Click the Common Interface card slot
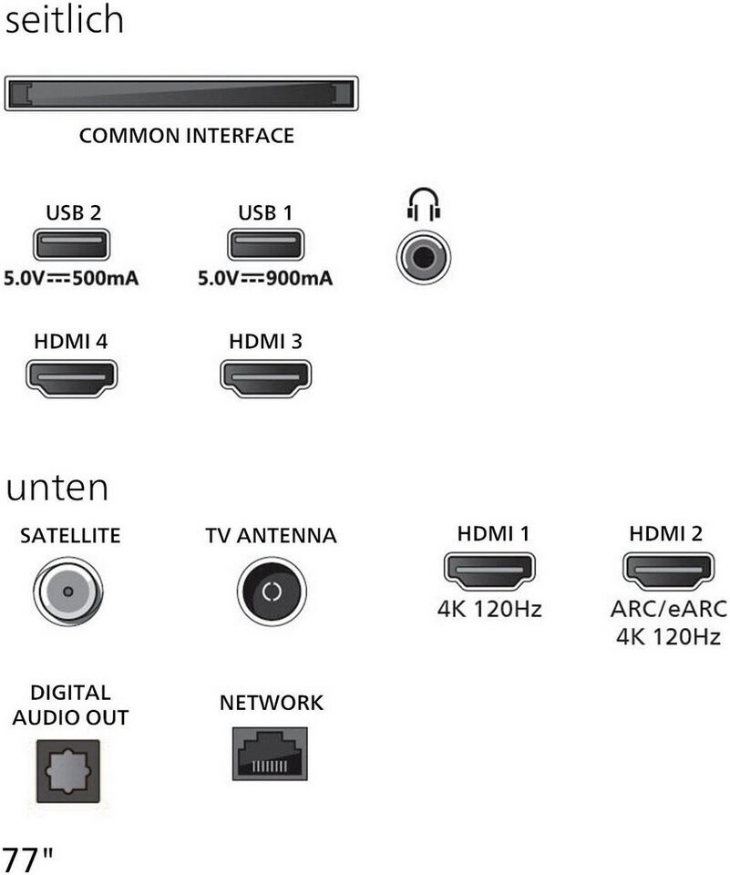[181, 94]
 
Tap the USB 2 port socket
[71, 246]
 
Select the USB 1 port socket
[264, 246]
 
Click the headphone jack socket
[423, 255]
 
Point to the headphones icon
[423, 203]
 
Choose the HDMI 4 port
[71, 378]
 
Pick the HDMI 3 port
[266, 378]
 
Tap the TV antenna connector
[271, 591]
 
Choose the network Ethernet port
[271, 753]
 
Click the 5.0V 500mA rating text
[71, 278]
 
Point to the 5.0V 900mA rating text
[265, 278]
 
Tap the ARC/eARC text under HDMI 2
[669, 609]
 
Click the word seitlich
[64, 20]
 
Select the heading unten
[57, 489]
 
